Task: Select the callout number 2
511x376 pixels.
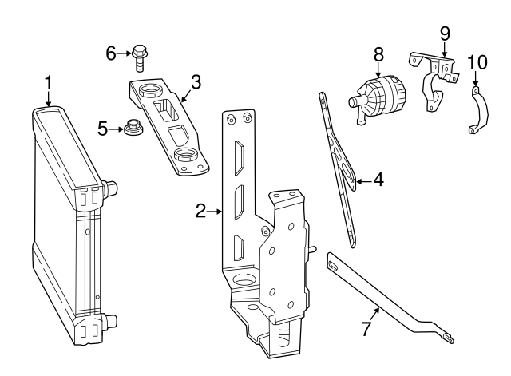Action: pyautogui.click(x=201, y=211)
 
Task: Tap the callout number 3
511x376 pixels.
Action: pyautogui.click(x=196, y=81)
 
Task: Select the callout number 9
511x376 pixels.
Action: pyautogui.click(x=445, y=34)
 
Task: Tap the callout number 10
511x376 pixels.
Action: pyautogui.click(x=476, y=61)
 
